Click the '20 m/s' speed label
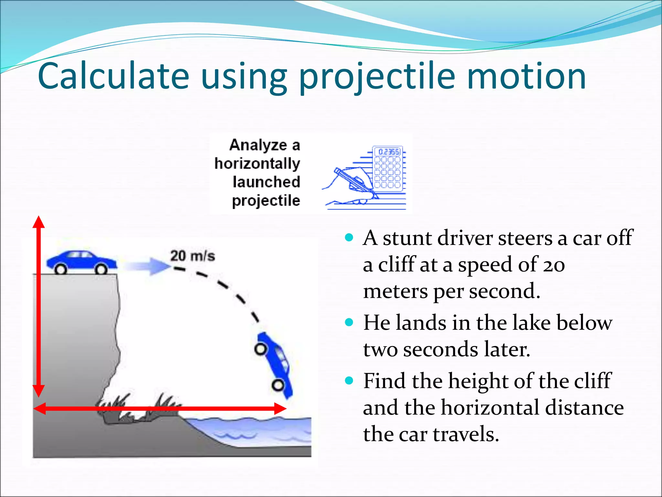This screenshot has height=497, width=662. [192, 256]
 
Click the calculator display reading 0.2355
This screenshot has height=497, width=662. [388, 152]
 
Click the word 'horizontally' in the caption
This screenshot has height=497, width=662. [257, 164]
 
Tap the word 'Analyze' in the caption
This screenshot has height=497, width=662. [258, 145]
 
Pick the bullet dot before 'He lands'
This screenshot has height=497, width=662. [349, 322]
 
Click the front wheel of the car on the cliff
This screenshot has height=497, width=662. [101, 269]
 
